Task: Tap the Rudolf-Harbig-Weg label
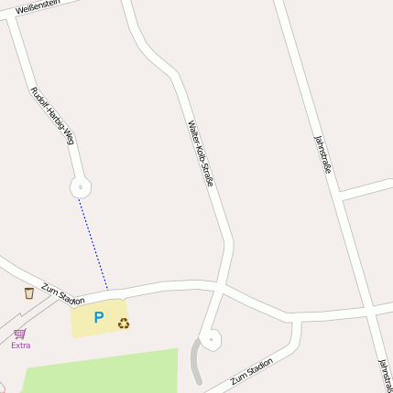[51, 116]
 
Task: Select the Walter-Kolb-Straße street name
[201, 154]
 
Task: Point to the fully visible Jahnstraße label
[322, 154]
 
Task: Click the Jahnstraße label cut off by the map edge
[385, 375]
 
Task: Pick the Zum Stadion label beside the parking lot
[62, 293]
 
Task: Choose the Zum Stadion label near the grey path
[252, 370]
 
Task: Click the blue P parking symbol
[99, 318]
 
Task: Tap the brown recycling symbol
[124, 323]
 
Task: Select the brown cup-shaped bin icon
[28, 292]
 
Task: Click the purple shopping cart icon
[20, 333]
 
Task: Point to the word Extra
[20, 345]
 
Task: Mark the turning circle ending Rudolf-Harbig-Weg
[81, 188]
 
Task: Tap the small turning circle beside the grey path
[211, 340]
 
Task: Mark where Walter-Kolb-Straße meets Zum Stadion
[221, 286]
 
